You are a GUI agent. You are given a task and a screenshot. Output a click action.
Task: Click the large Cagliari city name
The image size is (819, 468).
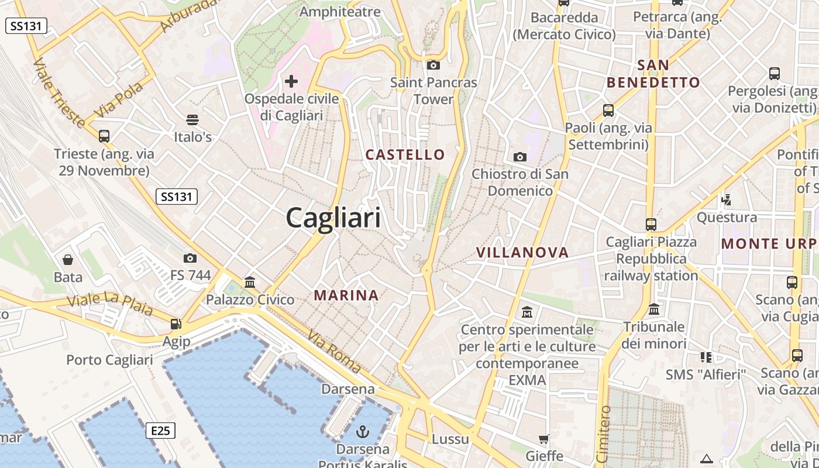click(333, 218)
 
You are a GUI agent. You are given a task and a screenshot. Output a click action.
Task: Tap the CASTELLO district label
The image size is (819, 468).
click(405, 155)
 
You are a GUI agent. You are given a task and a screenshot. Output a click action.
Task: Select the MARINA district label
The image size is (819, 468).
click(346, 295)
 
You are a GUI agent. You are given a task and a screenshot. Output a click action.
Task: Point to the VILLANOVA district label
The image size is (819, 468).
click(522, 253)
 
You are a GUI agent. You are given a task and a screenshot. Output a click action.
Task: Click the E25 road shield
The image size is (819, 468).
click(160, 431)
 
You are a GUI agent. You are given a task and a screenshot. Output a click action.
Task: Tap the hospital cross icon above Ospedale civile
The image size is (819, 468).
click(291, 81)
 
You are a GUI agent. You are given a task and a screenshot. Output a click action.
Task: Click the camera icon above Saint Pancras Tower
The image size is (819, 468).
click(433, 65)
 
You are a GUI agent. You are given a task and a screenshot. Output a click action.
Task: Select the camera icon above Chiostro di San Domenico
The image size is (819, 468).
click(519, 157)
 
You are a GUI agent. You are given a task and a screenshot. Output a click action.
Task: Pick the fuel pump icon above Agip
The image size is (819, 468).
click(175, 324)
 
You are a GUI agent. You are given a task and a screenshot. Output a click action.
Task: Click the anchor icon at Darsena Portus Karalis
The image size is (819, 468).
click(363, 432)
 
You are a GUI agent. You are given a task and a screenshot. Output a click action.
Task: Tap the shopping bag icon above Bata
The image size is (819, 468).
click(68, 260)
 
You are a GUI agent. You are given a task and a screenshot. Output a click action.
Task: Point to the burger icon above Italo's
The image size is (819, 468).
click(192, 120)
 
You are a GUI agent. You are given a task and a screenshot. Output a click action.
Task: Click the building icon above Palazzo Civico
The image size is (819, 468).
click(250, 283)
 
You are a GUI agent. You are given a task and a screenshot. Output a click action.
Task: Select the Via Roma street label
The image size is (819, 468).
click(334, 352)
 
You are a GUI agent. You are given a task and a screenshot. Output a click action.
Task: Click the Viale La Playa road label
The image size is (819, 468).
click(110, 304)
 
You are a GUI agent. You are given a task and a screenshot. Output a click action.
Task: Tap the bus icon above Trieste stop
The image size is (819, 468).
click(104, 136)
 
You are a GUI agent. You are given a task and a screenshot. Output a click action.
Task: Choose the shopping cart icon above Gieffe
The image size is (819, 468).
click(544, 439)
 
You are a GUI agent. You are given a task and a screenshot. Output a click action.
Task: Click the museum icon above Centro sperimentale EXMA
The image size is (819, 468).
click(527, 312)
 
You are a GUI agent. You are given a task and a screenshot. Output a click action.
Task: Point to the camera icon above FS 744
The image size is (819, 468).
click(190, 258)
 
